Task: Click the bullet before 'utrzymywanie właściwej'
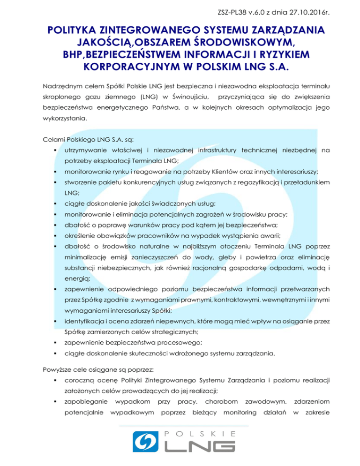pos(55,150)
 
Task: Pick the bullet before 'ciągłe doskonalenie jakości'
pos(55,203)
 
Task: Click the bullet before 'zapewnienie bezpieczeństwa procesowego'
pos(55,344)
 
